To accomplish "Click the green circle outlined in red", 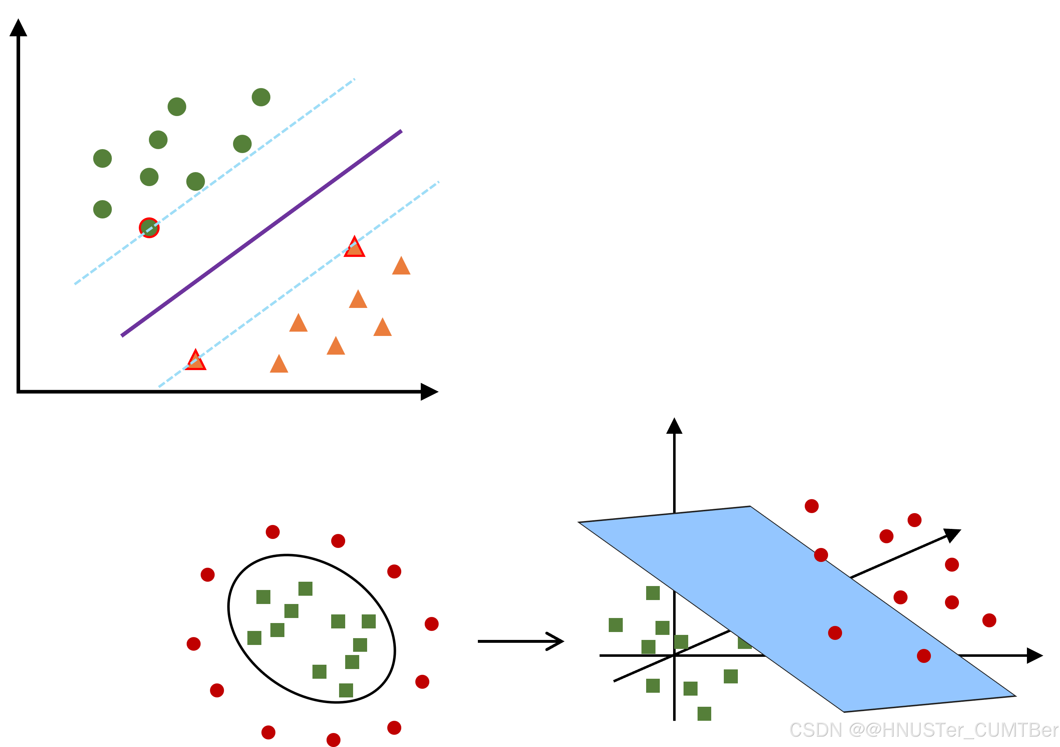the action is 149,227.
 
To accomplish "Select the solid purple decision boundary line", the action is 261,234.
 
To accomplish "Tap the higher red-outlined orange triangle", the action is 355,247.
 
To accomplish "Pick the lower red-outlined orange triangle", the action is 195,360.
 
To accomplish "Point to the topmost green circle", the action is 261,97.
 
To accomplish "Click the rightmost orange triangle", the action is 401,266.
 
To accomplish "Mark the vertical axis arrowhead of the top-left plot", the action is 18,28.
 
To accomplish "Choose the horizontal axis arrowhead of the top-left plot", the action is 429,392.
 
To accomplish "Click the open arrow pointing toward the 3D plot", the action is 521,641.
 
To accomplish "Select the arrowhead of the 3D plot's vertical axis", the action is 674,426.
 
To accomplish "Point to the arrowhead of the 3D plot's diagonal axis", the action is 952,535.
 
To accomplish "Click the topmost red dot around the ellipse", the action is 273,532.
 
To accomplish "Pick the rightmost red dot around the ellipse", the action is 432,624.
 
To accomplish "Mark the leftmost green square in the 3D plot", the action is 616,625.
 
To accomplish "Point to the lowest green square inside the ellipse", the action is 346,690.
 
